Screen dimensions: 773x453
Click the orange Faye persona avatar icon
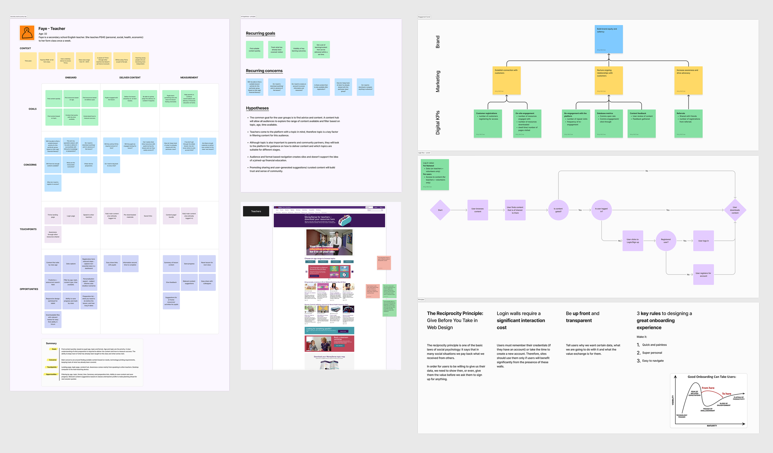[27, 33]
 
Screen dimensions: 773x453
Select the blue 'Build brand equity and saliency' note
[609, 39]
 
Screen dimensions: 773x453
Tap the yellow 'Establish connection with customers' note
[506, 80]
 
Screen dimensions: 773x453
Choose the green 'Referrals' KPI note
[688, 123]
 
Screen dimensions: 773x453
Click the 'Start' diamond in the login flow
[440, 210]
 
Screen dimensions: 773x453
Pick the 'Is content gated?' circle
[558, 210]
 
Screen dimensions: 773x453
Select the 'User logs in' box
[703, 241]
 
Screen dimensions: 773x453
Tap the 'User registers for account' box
[703, 274]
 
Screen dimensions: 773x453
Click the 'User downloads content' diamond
[735, 210]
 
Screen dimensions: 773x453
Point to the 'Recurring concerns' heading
[264, 71]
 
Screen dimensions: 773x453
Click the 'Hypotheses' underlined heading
[257, 108]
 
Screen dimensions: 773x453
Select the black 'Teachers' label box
[256, 211]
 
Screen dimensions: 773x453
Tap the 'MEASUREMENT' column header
[189, 78]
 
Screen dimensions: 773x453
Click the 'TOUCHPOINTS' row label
[28, 229]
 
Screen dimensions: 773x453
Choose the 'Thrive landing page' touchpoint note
[53, 216]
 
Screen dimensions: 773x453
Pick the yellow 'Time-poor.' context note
[28, 61]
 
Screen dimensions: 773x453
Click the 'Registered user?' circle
[666, 241]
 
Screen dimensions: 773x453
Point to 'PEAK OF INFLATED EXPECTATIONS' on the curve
[694, 393]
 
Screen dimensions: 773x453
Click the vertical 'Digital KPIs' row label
[438, 123]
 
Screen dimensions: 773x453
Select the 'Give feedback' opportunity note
[171, 282]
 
